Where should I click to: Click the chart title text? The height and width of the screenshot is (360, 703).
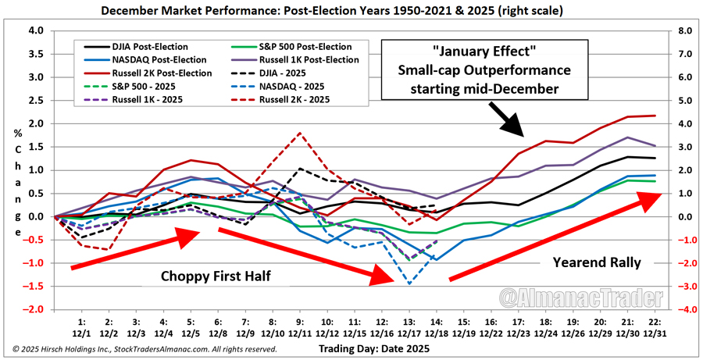tap(351, 12)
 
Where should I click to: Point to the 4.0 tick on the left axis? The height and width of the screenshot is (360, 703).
tap(36, 31)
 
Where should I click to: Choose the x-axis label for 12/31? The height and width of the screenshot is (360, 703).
tap(654, 329)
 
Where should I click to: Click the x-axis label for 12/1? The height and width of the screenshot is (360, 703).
tap(81, 329)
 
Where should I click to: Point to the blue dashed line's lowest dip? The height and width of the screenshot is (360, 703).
tap(409, 284)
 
